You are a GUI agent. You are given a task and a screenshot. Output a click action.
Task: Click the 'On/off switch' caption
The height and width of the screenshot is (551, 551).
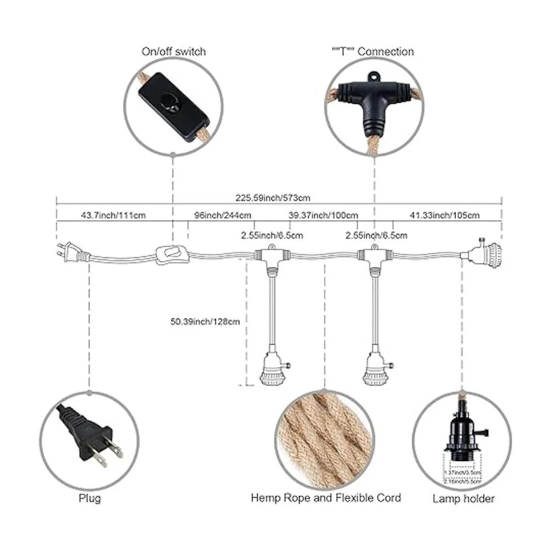click(x=173, y=51)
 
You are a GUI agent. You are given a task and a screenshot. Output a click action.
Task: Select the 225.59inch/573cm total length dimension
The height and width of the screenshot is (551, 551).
click(x=273, y=198)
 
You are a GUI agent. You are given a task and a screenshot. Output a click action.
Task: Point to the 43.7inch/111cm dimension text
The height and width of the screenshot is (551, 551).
click(x=113, y=215)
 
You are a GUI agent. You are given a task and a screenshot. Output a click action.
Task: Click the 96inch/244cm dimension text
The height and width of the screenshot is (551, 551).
click(x=222, y=215)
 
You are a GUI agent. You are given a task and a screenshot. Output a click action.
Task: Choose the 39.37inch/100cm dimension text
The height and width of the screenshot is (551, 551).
click(x=323, y=215)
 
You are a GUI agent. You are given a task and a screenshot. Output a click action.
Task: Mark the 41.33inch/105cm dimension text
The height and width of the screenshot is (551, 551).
click(x=444, y=215)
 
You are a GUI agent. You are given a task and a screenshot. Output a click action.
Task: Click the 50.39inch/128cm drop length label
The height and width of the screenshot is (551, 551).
click(x=205, y=322)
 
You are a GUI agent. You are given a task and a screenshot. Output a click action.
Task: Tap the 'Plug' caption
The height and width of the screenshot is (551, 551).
click(x=90, y=498)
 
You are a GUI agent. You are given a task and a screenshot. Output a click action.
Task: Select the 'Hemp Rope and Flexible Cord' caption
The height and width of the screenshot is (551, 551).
click(x=326, y=498)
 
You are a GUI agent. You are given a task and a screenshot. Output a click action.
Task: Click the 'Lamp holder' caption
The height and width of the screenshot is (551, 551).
click(x=463, y=499)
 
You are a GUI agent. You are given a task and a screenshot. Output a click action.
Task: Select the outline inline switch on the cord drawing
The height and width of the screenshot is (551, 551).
click(x=173, y=255)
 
